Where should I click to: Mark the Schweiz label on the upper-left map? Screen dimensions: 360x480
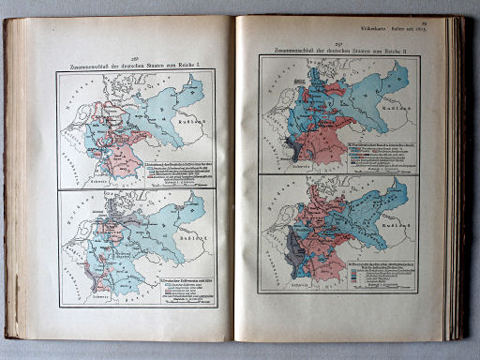(x=96, y=178)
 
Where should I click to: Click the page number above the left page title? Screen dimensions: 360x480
(x=135, y=55)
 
